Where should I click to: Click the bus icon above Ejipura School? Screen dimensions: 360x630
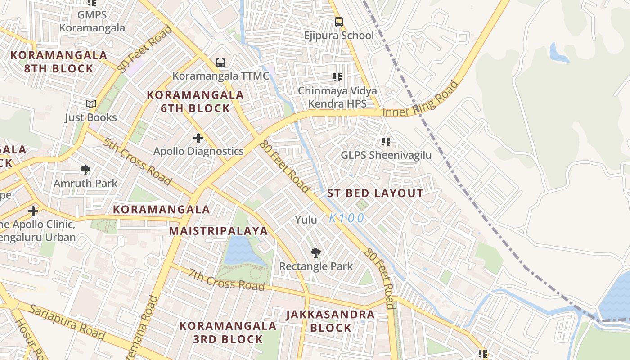point(338,22)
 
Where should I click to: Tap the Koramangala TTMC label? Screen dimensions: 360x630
point(220,76)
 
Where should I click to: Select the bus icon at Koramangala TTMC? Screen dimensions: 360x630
point(220,63)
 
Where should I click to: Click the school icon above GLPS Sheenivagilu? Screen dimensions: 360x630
point(386,142)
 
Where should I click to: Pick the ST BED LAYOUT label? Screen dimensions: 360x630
point(375,193)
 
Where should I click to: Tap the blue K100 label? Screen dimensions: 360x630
point(346,218)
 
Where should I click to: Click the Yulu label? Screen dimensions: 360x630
point(306,220)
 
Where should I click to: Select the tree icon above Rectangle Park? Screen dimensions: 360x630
point(316,253)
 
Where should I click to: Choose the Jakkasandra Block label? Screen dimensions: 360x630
point(330,321)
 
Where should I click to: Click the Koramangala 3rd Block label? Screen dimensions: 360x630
point(228,332)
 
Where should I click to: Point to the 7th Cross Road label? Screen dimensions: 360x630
point(226,279)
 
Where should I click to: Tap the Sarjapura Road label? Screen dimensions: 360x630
point(67,322)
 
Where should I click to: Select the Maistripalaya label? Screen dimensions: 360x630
point(218,231)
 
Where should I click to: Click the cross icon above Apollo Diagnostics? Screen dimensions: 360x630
point(198,138)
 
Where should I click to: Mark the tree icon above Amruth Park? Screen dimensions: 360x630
point(85,170)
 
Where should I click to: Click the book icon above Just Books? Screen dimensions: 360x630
point(91,104)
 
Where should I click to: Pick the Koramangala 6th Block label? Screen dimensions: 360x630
point(195,102)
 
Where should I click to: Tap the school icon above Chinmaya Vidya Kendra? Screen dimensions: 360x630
point(337,77)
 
